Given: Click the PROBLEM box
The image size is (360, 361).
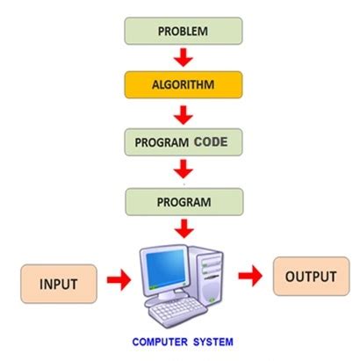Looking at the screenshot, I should click(x=183, y=32).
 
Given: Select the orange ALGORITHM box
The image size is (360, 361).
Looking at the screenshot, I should click(x=183, y=86).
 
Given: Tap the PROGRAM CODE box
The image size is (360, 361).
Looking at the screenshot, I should click(x=183, y=141).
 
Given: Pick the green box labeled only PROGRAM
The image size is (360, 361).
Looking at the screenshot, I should click(x=183, y=201).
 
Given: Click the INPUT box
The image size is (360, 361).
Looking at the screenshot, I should click(x=59, y=284).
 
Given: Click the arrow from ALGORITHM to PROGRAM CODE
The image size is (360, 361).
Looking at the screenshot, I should click(x=183, y=113).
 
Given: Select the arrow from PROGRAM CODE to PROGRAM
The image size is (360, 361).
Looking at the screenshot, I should click(x=183, y=168).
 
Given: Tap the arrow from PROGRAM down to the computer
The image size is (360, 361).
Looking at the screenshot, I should click(x=183, y=228).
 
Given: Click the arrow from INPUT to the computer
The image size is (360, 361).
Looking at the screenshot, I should click(x=118, y=280).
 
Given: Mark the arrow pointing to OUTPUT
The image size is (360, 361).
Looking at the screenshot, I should click(x=251, y=278).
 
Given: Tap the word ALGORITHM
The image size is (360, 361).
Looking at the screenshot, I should click(x=183, y=86).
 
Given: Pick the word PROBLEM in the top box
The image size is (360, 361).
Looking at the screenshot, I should click(x=183, y=32).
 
